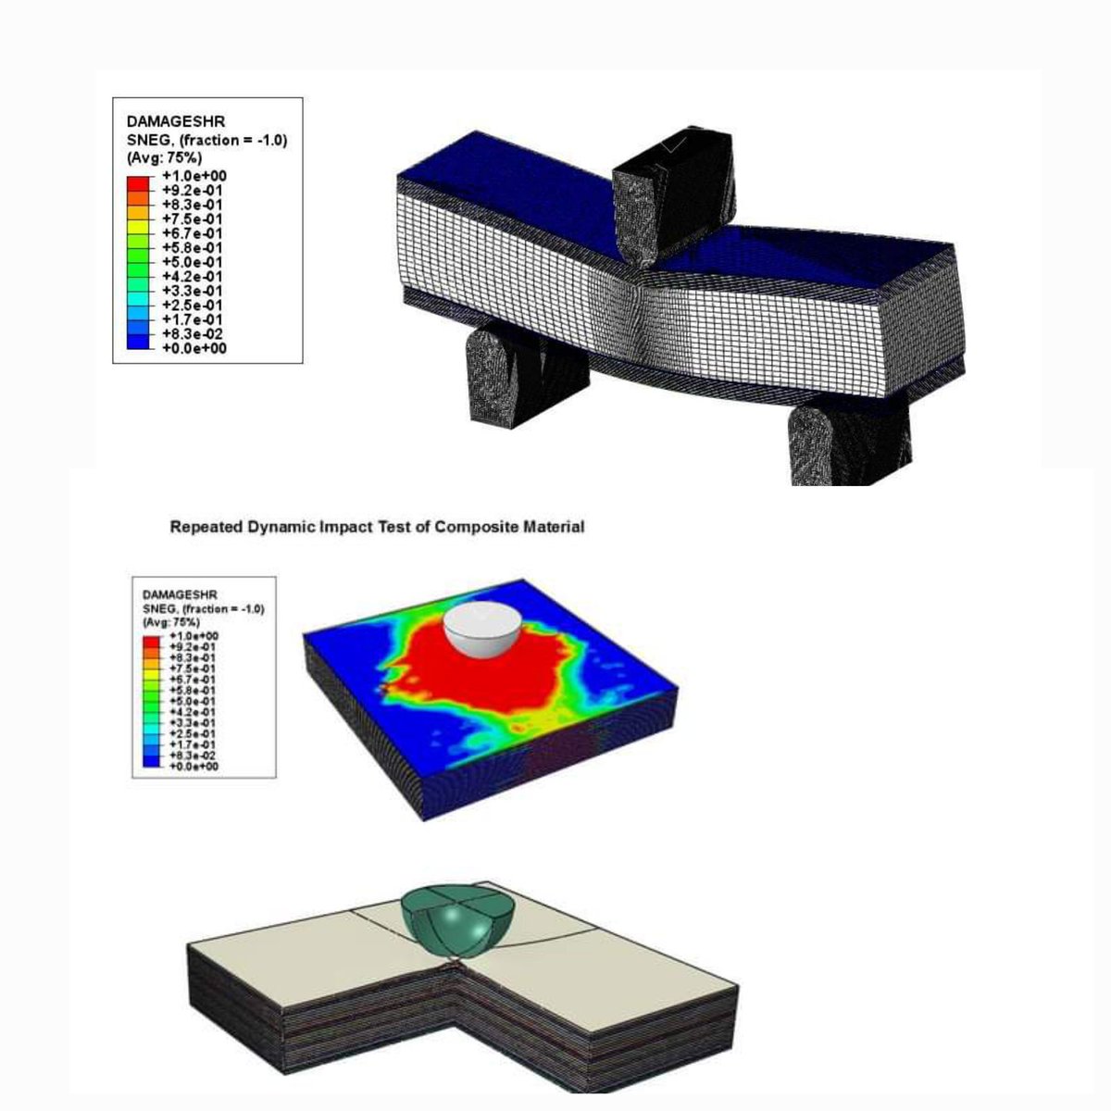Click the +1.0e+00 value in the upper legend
point(194,176)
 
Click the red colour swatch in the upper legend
point(138,183)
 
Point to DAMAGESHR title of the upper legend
point(176,121)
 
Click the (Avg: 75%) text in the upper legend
point(164,157)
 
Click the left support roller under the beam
point(526,375)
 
